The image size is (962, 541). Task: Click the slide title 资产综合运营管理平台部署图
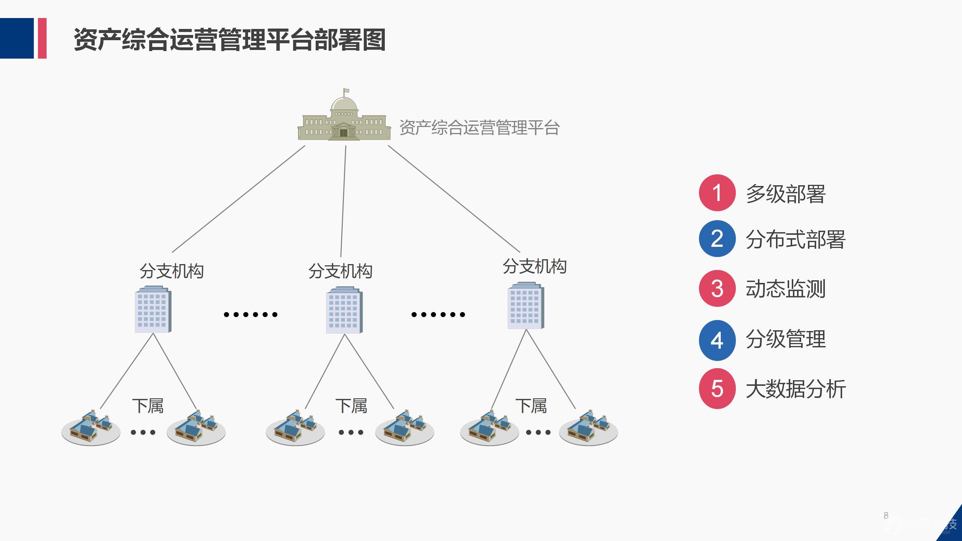(229, 39)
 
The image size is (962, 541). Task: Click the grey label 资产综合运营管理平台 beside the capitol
(479, 128)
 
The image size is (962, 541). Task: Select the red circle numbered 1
(717, 193)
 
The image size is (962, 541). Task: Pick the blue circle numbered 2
(717, 239)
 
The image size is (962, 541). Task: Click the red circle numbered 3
(717, 289)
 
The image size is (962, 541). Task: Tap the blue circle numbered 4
(717, 340)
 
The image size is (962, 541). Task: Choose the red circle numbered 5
(717, 388)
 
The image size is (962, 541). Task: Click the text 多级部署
(785, 194)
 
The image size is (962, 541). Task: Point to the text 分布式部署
(796, 240)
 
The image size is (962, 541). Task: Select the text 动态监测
(785, 289)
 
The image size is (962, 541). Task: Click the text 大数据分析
(796, 389)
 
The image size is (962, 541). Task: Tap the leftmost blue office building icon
(153, 310)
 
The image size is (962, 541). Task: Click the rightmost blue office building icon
(526, 306)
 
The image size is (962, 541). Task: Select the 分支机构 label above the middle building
(340, 271)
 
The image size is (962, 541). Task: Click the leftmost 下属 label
(148, 406)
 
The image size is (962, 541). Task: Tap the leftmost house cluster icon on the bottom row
(91, 429)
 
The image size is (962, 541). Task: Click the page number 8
(886, 515)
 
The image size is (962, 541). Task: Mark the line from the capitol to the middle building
(343, 201)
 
